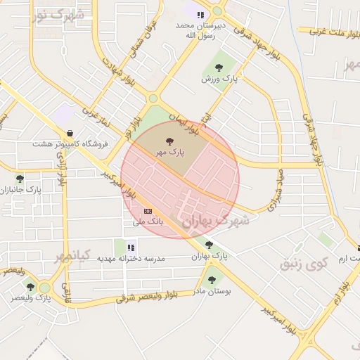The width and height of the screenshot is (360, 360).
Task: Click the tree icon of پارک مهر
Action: (x=169, y=141)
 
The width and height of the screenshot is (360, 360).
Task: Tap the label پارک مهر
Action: (x=169, y=152)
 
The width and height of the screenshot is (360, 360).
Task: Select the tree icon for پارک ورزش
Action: (x=219, y=68)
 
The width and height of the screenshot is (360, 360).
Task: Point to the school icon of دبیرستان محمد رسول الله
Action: (x=200, y=14)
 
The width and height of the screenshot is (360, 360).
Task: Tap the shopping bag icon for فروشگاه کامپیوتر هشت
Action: (x=70, y=133)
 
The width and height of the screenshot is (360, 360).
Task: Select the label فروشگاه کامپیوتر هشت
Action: (x=70, y=144)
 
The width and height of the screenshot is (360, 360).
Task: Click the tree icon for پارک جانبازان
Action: (x=20, y=179)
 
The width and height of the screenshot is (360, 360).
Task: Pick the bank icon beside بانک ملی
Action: (x=148, y=210)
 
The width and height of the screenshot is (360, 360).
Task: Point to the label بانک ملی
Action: (x=148, y=221)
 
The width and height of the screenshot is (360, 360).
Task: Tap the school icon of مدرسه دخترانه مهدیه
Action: (x=131, y=247)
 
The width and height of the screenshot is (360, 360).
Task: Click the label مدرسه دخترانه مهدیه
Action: (x=131, y=259)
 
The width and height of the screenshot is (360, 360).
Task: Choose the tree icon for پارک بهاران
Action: (x=209, y=245)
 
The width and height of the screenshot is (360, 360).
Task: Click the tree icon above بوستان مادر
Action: (x=212, y=280)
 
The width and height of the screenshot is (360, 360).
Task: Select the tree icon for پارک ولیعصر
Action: (x=30, y=286)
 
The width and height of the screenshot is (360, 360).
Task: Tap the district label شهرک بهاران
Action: (x=216, y=220)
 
